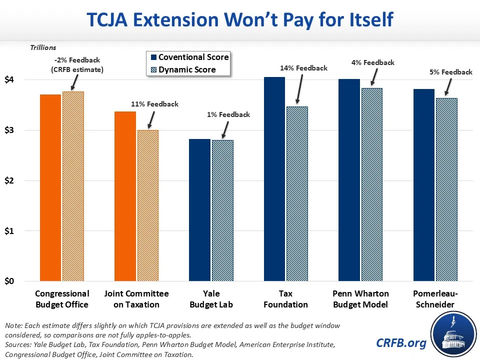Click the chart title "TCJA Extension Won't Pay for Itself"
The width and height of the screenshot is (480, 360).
coord(240,20)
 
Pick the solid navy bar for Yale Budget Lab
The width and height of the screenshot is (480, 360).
coord(199,210)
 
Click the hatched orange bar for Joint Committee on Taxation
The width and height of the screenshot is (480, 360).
coord(147,205)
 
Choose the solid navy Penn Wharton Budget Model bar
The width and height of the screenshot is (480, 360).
coord(349,180)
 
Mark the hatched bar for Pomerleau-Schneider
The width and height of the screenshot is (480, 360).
coord(446,189)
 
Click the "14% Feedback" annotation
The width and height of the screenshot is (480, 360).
coord(304,68)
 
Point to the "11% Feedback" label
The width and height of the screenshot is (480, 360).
coord(155,104)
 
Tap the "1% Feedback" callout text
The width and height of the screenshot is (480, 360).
coord(228,114)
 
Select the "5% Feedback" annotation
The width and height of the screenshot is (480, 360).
coord(450,72)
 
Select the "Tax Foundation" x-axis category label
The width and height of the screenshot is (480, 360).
coord(286,299)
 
